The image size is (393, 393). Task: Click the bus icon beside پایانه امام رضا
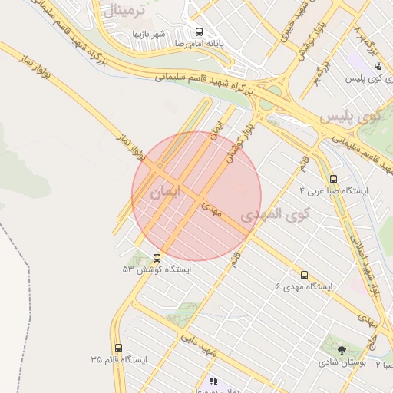[x=200, y=32]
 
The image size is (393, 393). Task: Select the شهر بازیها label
[x=149, y=35]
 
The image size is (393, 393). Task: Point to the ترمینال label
[x=117, y=12]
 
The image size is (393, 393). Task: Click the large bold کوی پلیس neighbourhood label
[x=350, y=117]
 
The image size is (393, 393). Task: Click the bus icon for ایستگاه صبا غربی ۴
[x=332, y=178]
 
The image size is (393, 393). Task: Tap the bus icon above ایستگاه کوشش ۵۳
[x=157, y=258]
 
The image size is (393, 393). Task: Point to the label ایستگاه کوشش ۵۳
[x=157, y=269]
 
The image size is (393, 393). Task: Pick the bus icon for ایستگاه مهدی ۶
[x=304, y=275]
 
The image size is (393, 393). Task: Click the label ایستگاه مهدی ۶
[x=304, y=286]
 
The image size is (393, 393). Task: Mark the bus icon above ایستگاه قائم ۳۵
[x=117, y=348]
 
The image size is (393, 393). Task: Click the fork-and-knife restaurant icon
[x=213, y=381]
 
